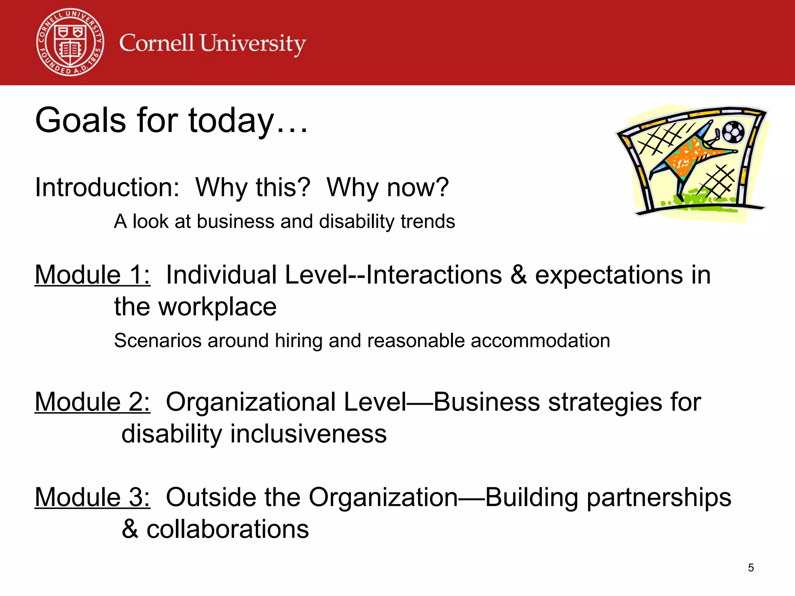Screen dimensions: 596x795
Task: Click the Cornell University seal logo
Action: (x=70, y=42)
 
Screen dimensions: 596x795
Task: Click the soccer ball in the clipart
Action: (x=733, y=132)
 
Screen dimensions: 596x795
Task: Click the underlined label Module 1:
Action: (x=92, y=275)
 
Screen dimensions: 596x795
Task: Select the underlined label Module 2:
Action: (x=92, y=402)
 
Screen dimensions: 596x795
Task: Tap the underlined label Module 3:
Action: (x=92, y=497)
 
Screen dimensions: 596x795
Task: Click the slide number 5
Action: (x=751, y=568)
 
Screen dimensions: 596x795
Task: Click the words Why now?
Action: (x=387, y=187)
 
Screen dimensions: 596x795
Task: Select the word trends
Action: (x=427, y=222)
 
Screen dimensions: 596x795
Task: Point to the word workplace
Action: (x=217, y=307)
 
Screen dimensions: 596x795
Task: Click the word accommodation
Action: (x=540, y=341)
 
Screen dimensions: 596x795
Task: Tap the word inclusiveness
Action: (x=308, y=434)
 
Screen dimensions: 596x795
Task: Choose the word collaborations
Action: (x=227, y=529)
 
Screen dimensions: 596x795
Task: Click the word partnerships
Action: (x=658, y=498)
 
